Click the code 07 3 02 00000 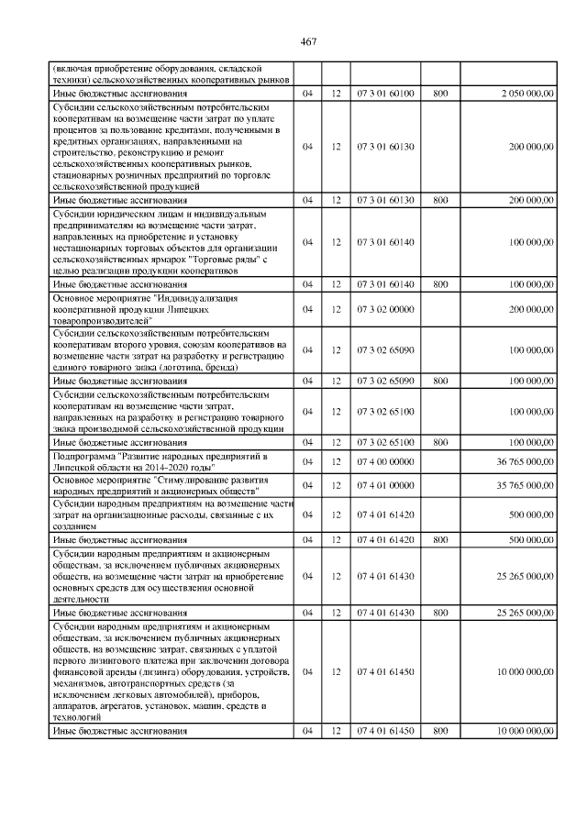point(385,310)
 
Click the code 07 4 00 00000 point(385,461)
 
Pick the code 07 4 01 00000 point(385,485)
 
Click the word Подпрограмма point(90,456)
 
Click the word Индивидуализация point(198,299)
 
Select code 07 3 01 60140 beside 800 point(385,285)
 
